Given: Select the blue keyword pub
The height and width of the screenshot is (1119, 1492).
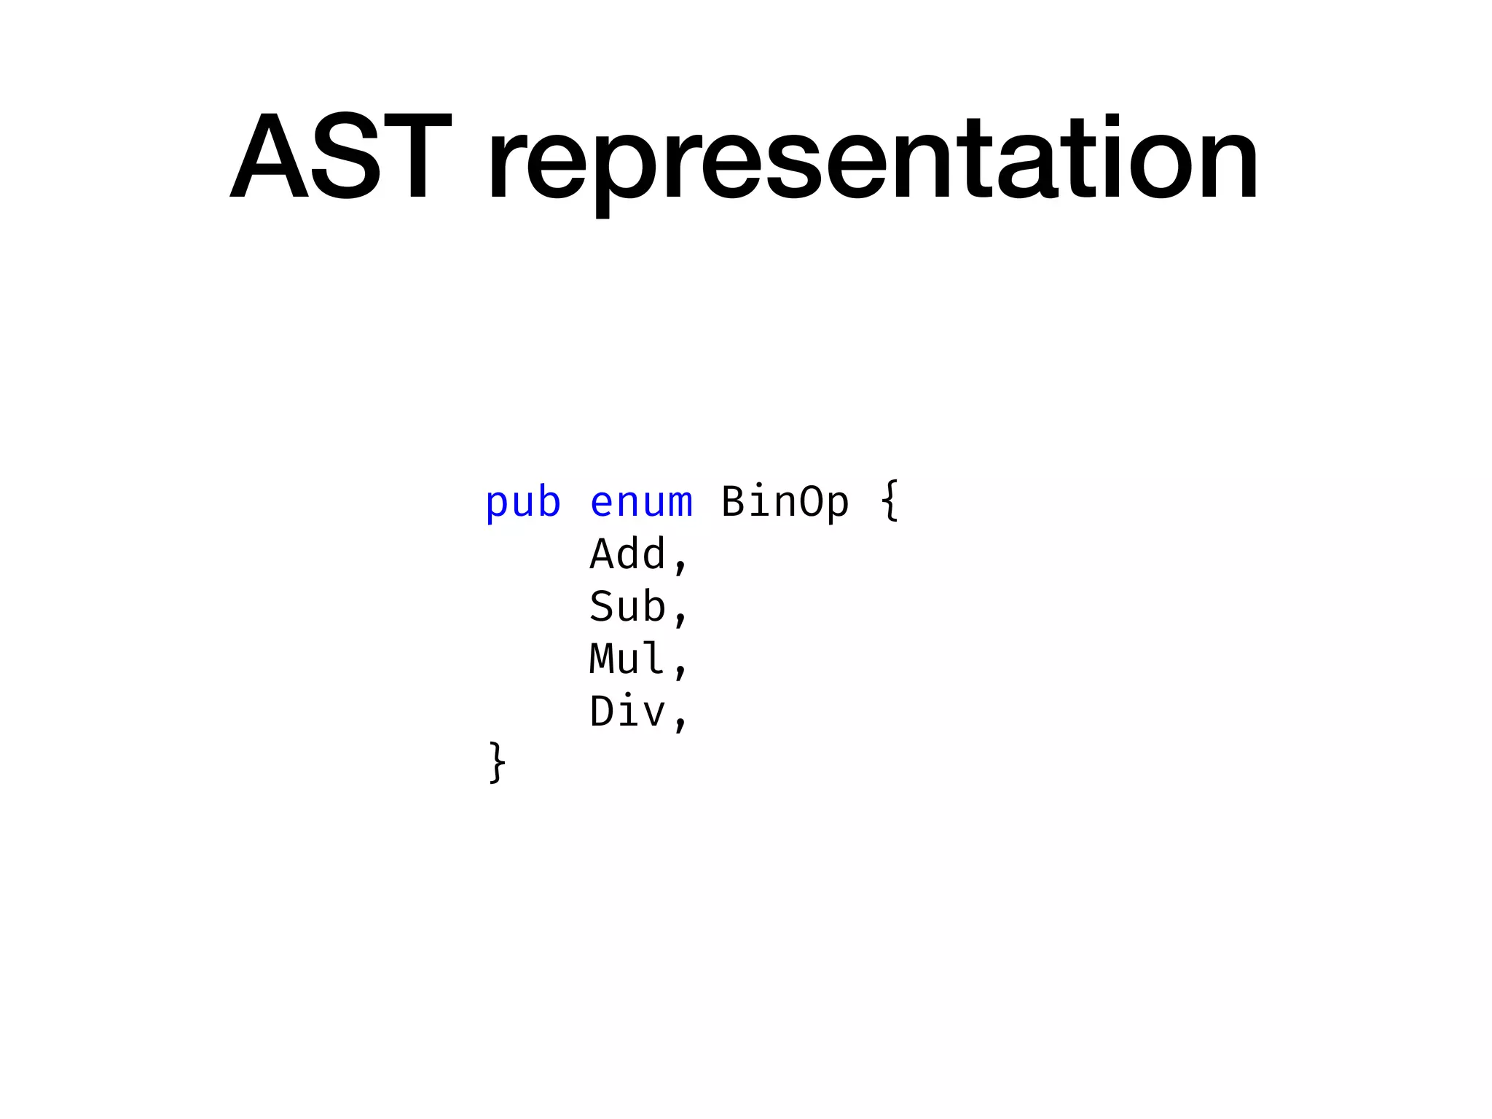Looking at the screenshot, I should click(x=523, y=503).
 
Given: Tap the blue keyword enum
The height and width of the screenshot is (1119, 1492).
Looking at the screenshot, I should click(x=641, y=503).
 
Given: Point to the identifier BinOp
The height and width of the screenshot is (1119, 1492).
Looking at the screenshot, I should click(x=785, y=503).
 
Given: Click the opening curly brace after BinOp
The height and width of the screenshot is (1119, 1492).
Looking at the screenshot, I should click(x=890, y=501).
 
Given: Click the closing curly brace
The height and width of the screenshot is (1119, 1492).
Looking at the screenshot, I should click(x=497, y=763).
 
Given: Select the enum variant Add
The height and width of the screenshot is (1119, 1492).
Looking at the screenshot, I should click(x=627, y=554).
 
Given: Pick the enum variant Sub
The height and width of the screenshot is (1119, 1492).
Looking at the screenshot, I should click(x=627, y=607).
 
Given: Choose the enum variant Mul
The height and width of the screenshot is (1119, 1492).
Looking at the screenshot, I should click(x=627, y=659).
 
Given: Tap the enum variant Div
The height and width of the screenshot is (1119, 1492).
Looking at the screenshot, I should click(x=627, y=712).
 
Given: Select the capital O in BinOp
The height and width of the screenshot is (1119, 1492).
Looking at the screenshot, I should click(x=811, y=503).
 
